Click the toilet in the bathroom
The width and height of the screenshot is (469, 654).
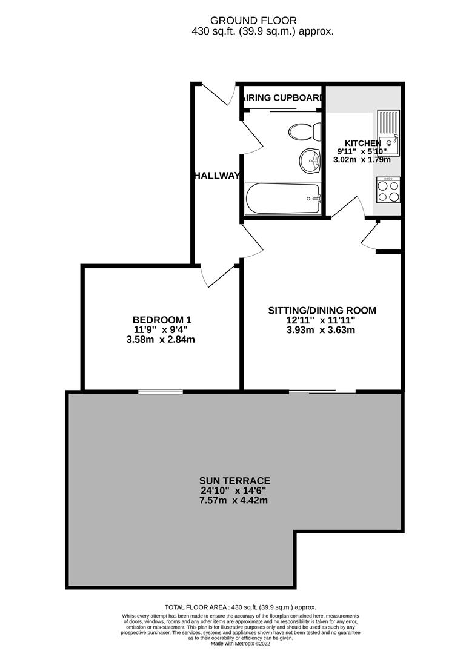point(302,131)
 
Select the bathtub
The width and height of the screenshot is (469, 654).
point(282,198)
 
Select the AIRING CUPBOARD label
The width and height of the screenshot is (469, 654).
point(282,97)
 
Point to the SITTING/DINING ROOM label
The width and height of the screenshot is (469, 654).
point(322,311)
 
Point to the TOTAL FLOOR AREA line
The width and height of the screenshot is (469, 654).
point(240,607)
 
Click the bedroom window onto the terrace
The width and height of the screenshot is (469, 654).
point(160,392)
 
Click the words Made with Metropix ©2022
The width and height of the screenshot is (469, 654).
point(240,644)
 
